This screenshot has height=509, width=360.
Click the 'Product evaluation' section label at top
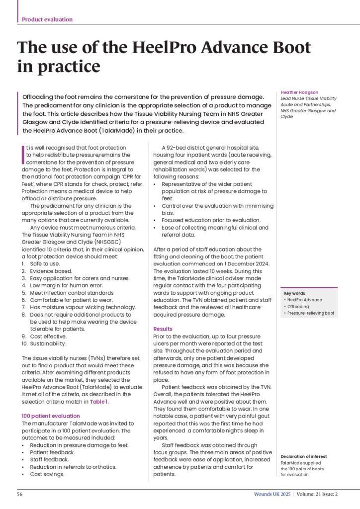pos(47,19)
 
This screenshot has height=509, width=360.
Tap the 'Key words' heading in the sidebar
pos(294,293)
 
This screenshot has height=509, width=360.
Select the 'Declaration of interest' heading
pos(304,456)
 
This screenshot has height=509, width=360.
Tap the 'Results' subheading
pos(163,329)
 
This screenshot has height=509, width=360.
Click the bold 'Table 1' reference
pos(99,401)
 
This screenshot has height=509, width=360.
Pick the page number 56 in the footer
pos(20,495)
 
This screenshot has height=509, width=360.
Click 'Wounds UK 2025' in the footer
pos(270,495)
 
